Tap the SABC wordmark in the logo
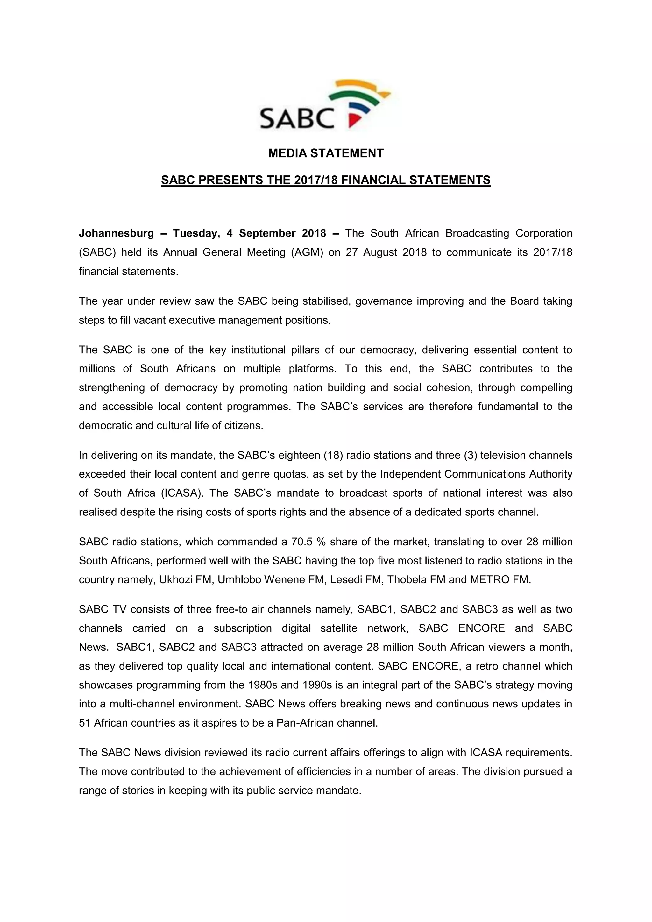[297, 118]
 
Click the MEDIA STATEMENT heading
[326, 153]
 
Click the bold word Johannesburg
[117, 233]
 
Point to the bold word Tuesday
[195, 233]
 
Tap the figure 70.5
[302, 542]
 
